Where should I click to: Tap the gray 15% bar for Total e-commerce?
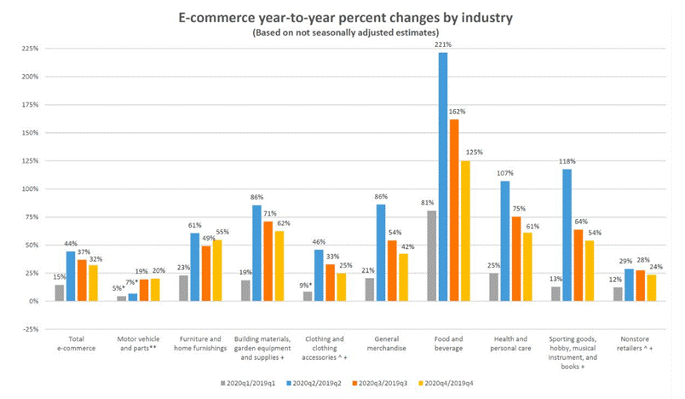59,292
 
